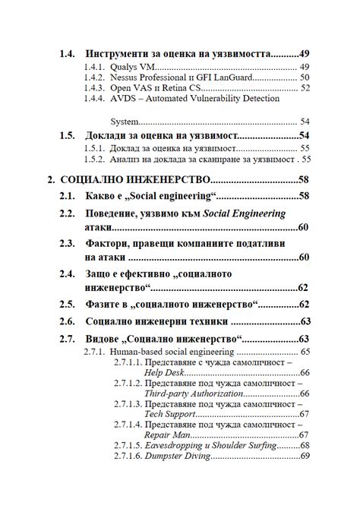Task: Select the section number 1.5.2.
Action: [x=94, y=160]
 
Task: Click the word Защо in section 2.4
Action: [x=101, y=273]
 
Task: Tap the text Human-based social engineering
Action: [x=172, y=352]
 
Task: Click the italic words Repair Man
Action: [x=167, y=435]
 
